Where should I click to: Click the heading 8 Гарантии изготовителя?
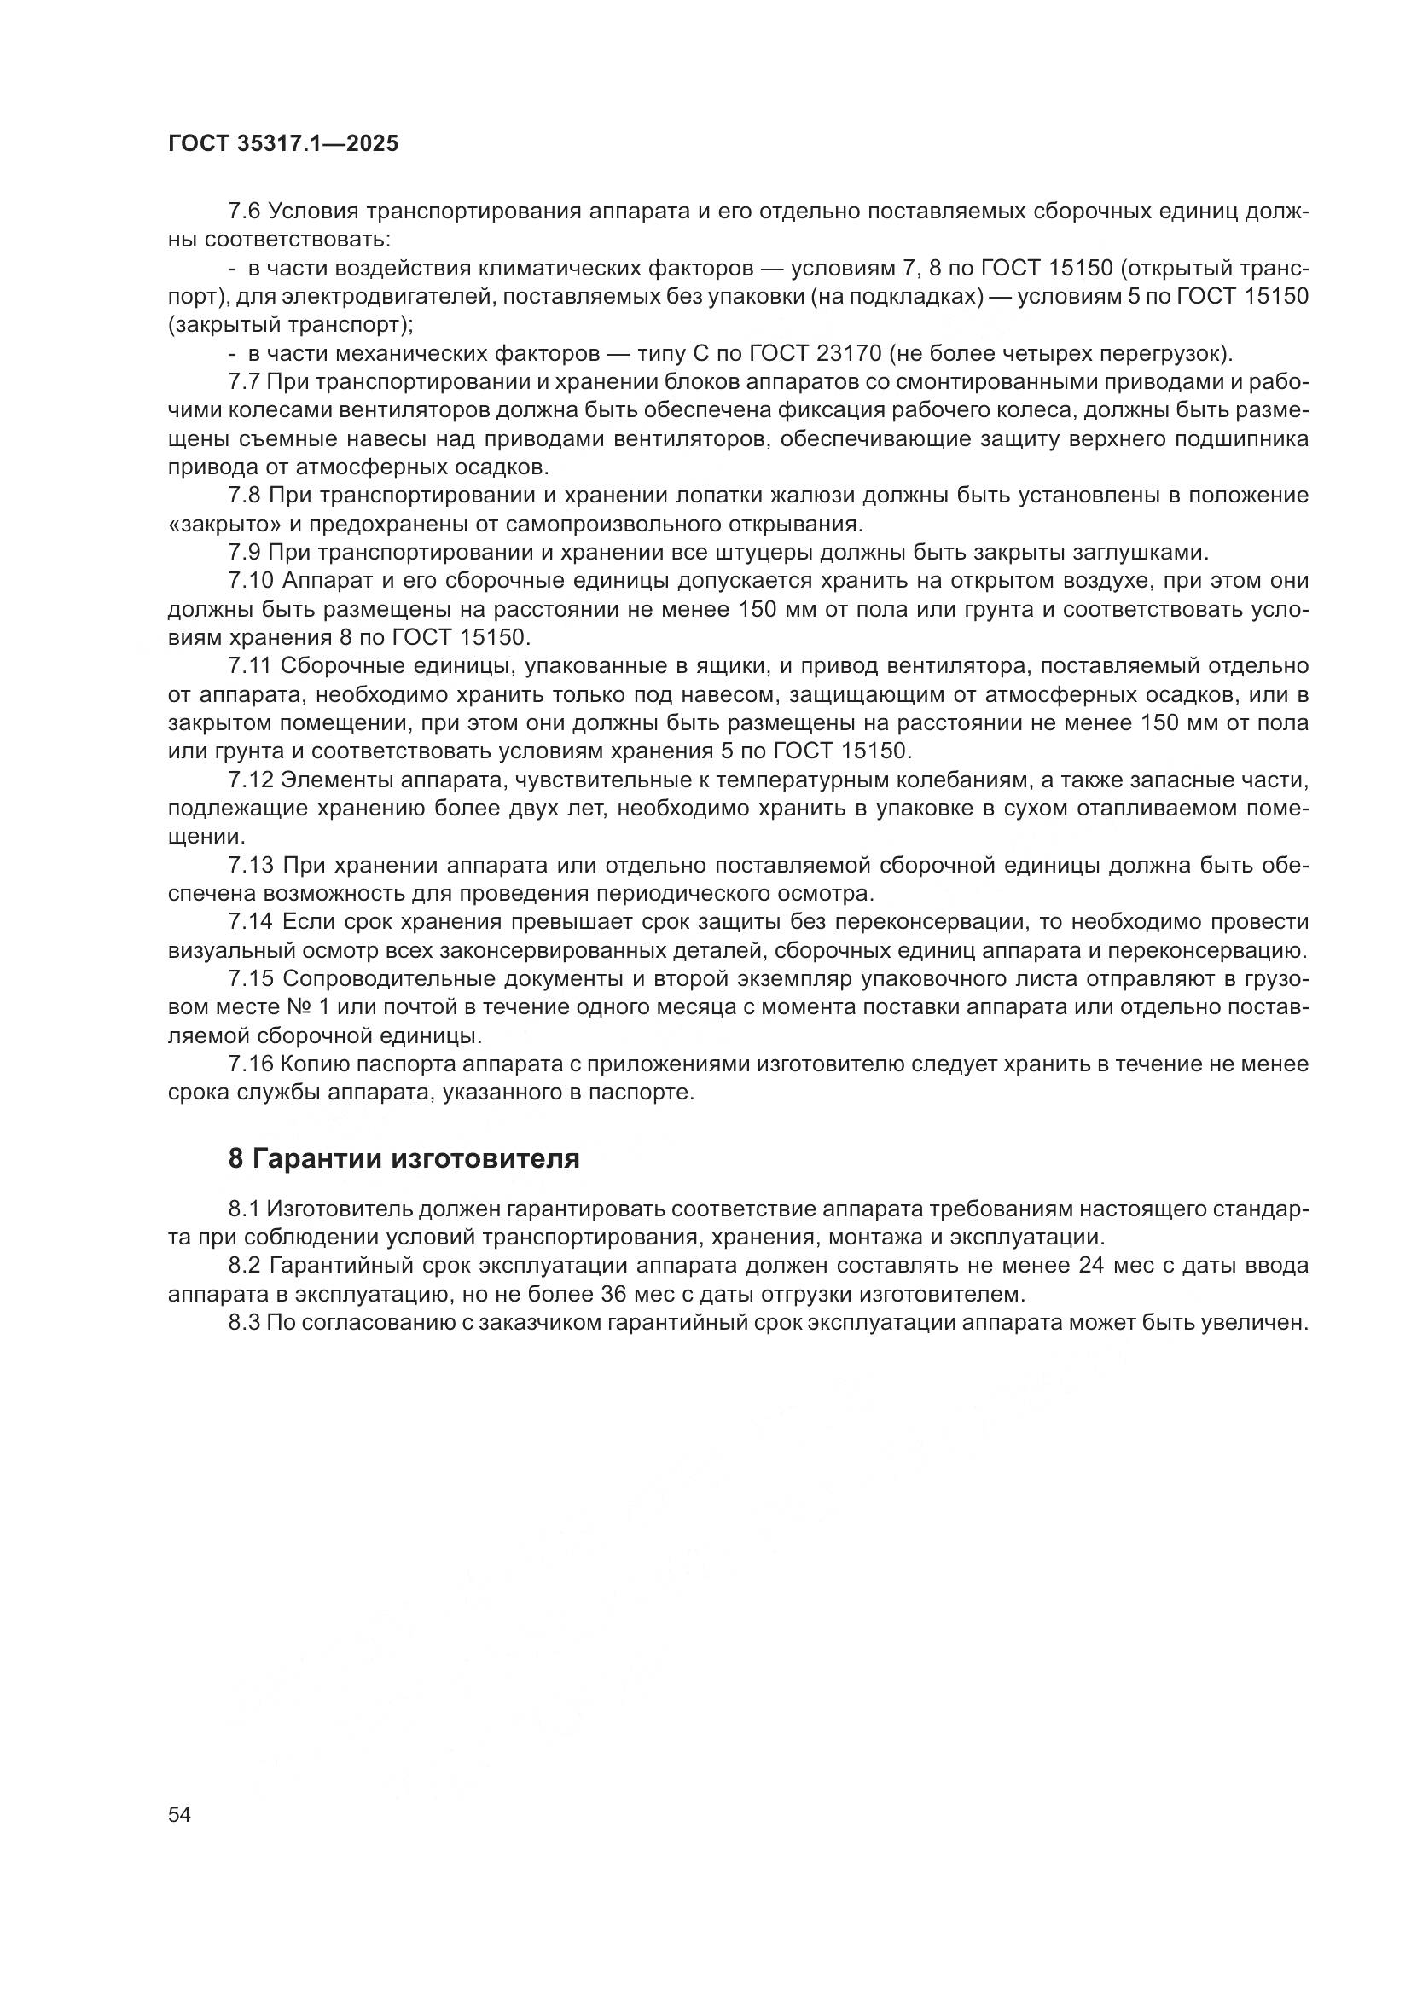point(404,1158)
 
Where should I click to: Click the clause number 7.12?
point(250,780)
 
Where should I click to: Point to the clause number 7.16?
point(250,1064)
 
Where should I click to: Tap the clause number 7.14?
point(250,922)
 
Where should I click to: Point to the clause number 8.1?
point(243,1209)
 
